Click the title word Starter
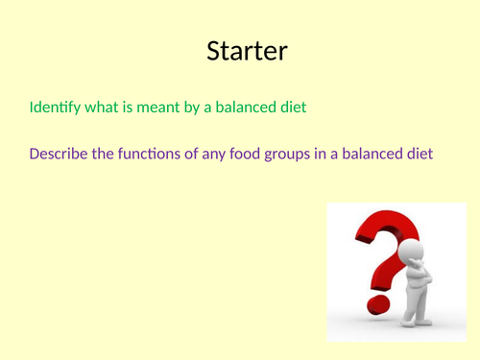click(x=246, y=52)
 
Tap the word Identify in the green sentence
click(x=56, y=108)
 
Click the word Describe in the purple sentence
click(x=60, y=154)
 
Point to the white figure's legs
click(x=417, y=312)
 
